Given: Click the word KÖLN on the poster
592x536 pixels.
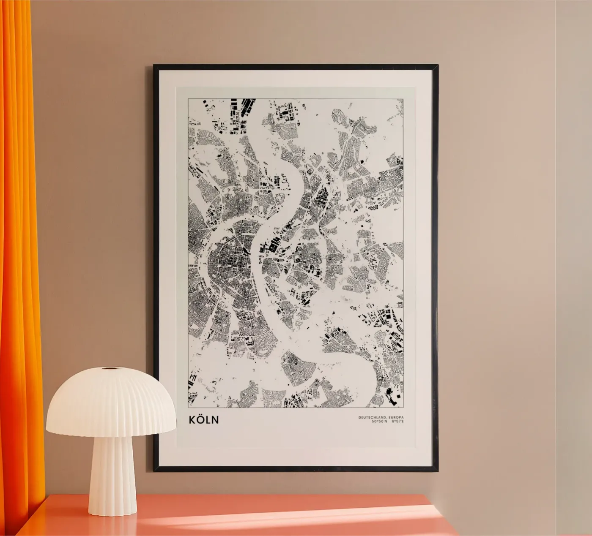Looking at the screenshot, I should pos(204,420).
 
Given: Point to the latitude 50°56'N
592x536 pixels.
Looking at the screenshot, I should pos(379,422).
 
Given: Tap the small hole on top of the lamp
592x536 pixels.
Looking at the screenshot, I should pos(112,369).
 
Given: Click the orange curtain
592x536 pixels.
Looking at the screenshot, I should pos(19,253).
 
